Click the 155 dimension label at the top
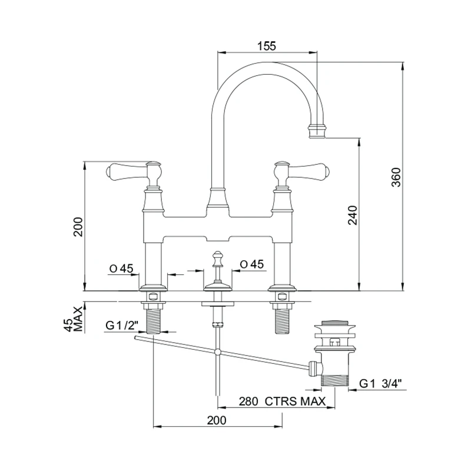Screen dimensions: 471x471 click(267, 46)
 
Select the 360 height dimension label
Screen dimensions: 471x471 click(396, 177)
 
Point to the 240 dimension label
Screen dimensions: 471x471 click(353, 215)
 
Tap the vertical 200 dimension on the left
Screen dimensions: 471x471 click(78, 227)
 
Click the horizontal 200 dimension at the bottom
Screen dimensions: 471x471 click(217, 420)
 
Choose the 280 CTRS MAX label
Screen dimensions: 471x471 click(283, 402)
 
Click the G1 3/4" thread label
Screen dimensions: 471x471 click(380, 384)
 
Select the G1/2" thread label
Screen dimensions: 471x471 click(122, 325)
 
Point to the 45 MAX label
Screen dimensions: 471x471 click(74, 319)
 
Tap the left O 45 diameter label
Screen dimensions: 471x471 click(121, 268)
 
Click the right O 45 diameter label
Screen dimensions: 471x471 click(252, 264)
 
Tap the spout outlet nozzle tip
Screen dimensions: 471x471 click(316, 130)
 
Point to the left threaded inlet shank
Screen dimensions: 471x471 click(154, 321)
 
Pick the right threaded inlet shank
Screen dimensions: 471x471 click(283, 321)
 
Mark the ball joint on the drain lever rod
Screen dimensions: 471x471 click(218, 351)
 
